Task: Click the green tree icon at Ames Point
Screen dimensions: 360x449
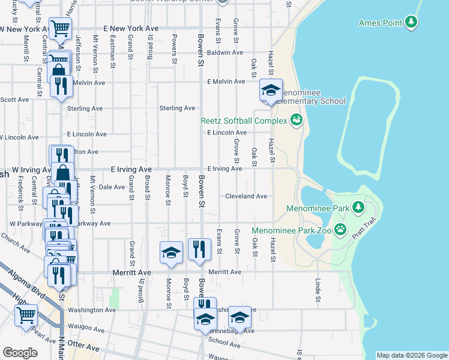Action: [x=411, y=23]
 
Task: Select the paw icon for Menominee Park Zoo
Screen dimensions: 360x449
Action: [x=341, y=229]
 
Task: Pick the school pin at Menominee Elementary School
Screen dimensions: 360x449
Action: [x=271, y=91]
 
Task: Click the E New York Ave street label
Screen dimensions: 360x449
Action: [x=130, y=28]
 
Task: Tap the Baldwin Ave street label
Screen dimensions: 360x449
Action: [x=224, y=53]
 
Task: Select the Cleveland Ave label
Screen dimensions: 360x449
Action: [x=246, y=196]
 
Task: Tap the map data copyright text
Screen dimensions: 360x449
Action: [x=411, y=355]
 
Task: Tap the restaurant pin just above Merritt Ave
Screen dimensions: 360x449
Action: [x=199, y=249]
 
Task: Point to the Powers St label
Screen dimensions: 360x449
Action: [x=174, y=53]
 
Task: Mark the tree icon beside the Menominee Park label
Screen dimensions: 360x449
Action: [x=358, y=208]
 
